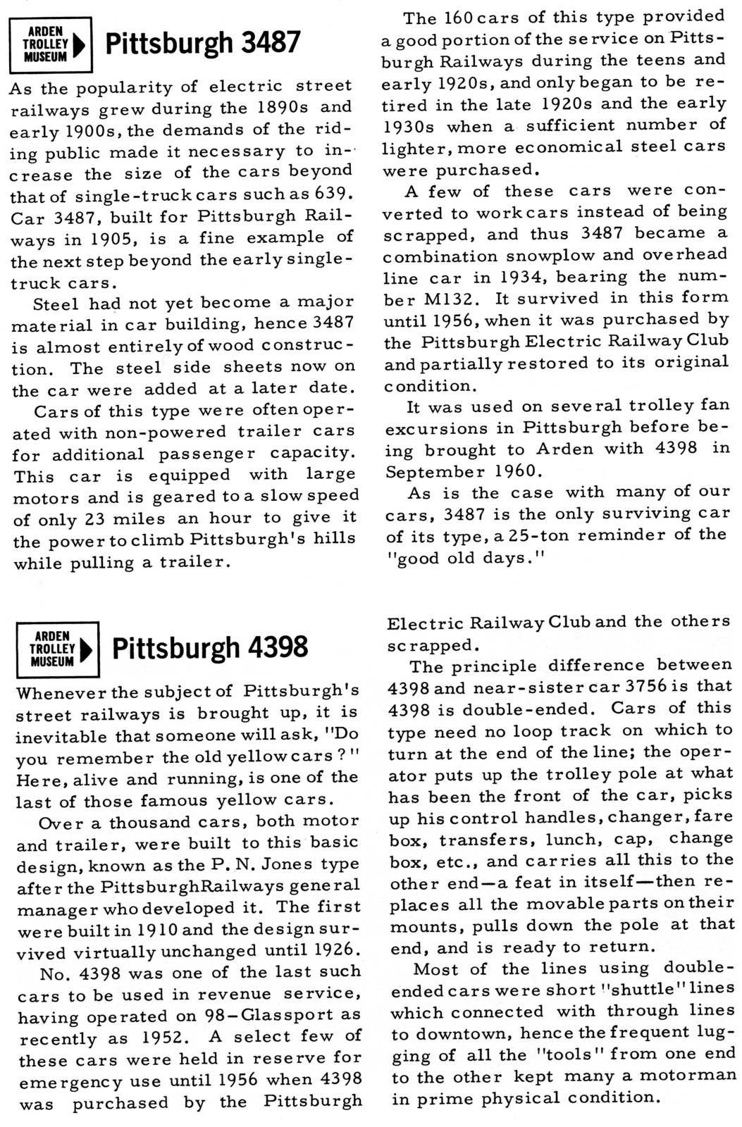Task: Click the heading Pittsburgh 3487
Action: [202, 44]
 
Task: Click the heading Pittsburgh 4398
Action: [209, 647]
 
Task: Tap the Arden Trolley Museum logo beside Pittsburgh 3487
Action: [51, 44]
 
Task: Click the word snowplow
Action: [513, 255]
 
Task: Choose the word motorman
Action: [687, 1076]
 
